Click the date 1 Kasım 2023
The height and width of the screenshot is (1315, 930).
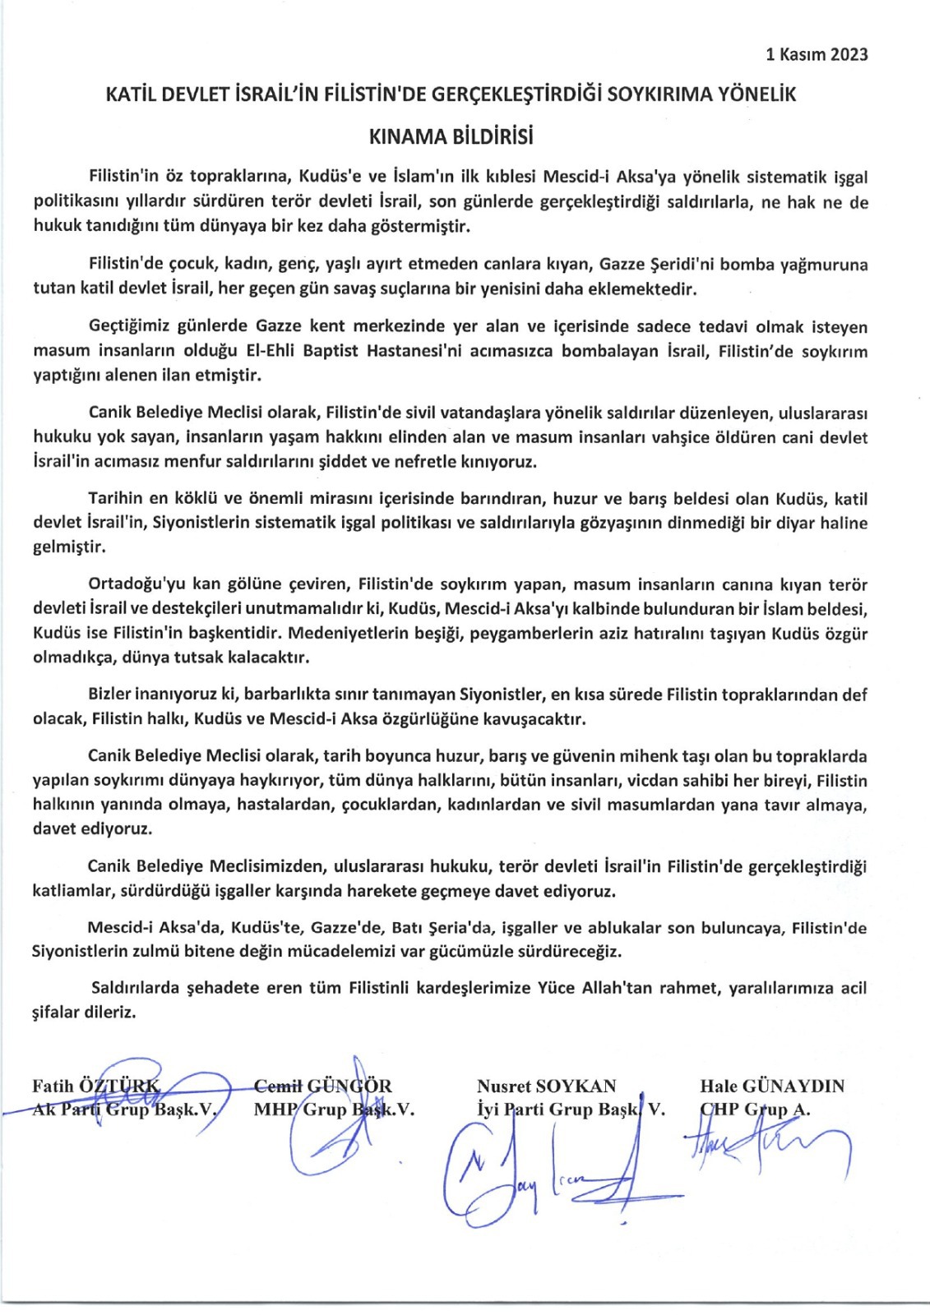tap(816, 55)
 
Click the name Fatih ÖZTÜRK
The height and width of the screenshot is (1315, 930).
tap(97, 1087)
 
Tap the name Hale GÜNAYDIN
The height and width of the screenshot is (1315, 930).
tap(771, 1086)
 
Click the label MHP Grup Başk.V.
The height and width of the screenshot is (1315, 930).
tap(334, 1110)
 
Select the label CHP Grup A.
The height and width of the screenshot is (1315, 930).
tap(755, 1110)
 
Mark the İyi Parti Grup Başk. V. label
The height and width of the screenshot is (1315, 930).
tap(571, 1110)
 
